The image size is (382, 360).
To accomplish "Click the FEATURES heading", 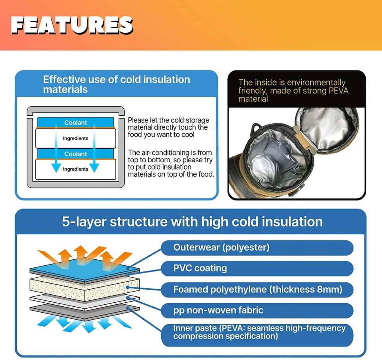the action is point(72,25).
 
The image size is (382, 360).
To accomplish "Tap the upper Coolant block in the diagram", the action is point(76,122).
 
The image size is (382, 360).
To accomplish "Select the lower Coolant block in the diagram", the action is point(76,154).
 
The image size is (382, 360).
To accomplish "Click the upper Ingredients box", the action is point(76,138).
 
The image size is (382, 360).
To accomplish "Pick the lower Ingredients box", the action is point(76,169).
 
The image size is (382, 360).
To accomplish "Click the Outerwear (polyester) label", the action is point(257,248).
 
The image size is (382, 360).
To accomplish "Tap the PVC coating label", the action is point(257,269).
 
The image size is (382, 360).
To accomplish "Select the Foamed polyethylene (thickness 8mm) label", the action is point(257,290).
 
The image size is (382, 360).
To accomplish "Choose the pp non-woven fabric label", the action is point(257,310).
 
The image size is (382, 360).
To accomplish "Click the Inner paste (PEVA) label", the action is point(257,335).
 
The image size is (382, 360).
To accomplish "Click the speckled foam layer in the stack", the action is point(85,289).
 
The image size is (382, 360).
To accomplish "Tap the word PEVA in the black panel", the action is point(338,91).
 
